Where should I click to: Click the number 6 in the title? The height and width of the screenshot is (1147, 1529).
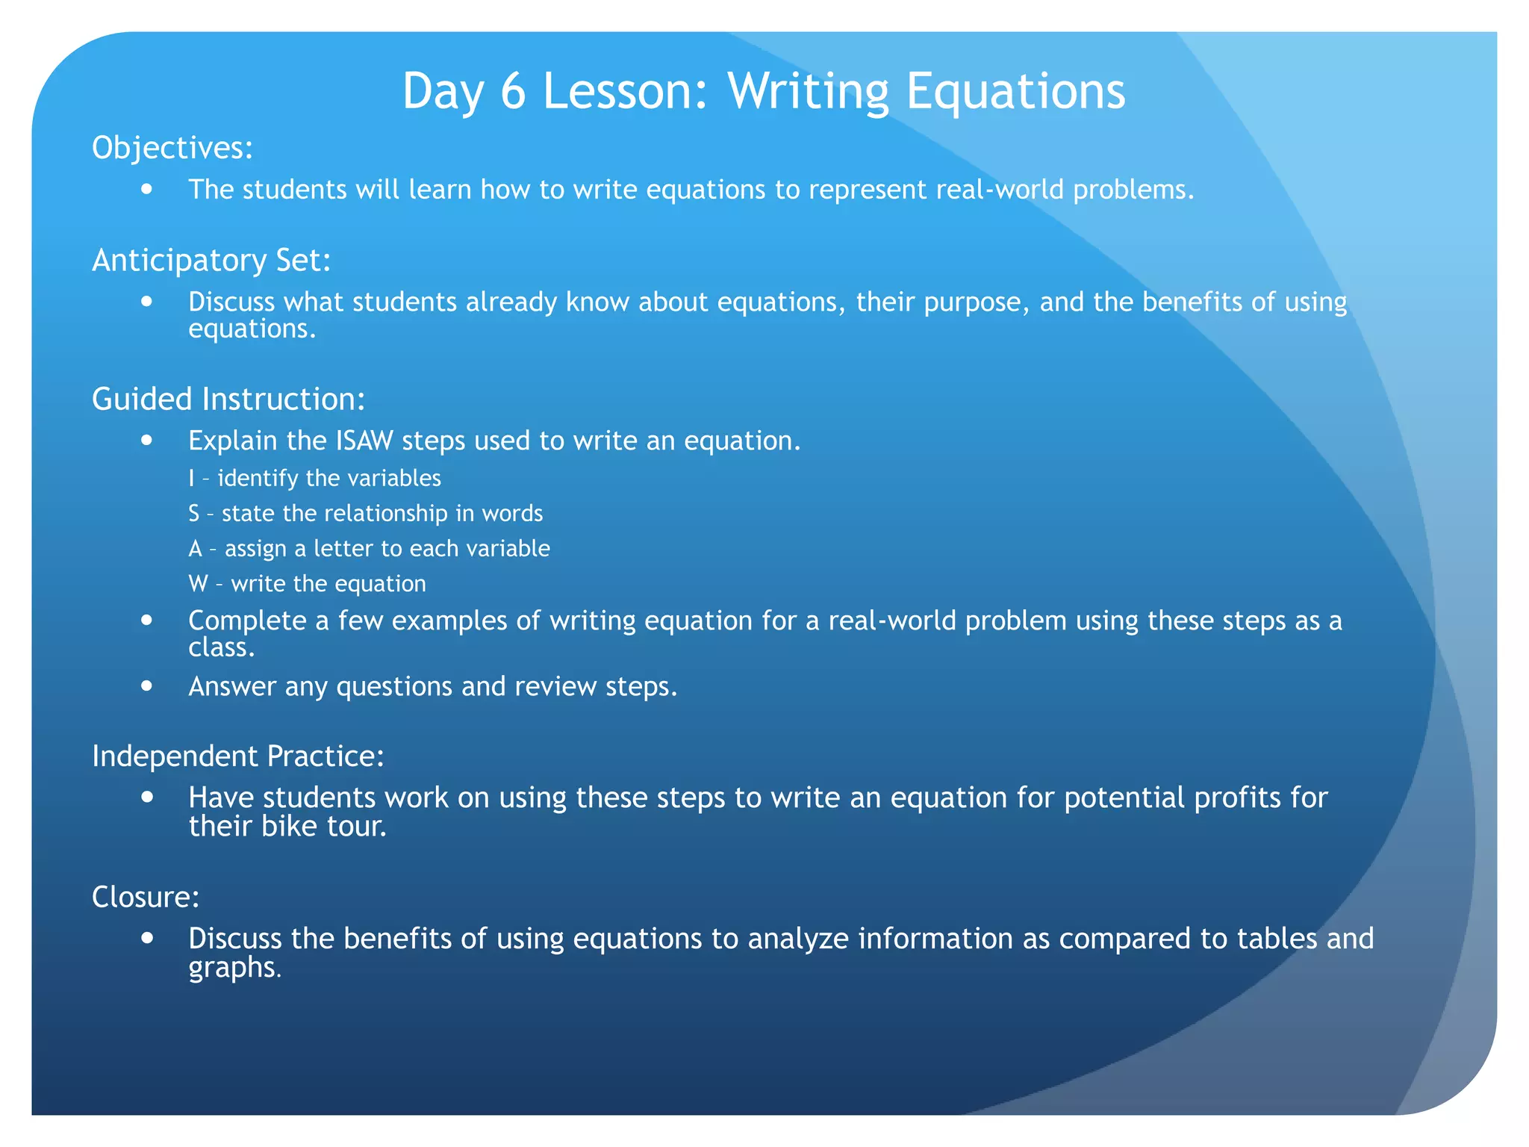point(513,91)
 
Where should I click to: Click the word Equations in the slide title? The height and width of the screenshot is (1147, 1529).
point(1015,91)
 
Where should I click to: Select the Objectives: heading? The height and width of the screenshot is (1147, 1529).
point(172,148)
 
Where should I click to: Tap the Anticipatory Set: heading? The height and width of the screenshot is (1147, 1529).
point(211,260)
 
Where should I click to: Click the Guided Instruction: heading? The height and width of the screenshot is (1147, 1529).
point(228,399)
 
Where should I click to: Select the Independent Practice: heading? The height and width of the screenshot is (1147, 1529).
point(237,756)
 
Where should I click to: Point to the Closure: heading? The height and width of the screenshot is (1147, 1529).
point(146,896)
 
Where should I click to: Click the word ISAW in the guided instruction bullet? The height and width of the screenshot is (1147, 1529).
point(364,441)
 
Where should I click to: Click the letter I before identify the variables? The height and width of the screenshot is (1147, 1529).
point(191,478)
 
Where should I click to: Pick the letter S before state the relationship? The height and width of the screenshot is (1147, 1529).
point(194,513)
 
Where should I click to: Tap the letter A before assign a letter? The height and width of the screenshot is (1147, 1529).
point(195,548)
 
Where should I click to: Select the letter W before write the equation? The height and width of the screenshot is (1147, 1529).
point(198,583)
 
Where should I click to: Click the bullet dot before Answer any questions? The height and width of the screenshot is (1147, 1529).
point(147,686)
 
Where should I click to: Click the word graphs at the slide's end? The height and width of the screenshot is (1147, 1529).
point(232,968)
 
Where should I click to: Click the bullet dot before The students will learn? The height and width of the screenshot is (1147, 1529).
point(147,189)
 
